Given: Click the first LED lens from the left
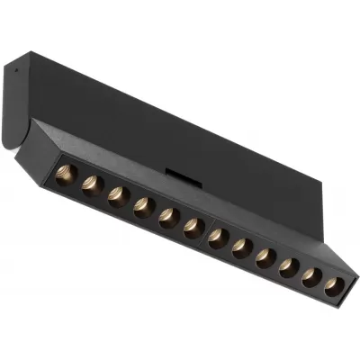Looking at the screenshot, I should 65,174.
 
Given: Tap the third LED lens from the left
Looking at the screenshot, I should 116,195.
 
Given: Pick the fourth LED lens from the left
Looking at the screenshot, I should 141,206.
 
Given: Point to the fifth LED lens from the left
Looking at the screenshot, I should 166,217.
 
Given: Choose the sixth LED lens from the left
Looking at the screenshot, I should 192,228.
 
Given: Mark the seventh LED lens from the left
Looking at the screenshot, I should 217,238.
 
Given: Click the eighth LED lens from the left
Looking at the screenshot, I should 240,248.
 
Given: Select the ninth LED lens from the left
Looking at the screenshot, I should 265,258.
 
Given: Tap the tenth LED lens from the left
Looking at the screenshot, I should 288,268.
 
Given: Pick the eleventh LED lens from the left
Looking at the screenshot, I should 310,278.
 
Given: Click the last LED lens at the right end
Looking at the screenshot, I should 333,287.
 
